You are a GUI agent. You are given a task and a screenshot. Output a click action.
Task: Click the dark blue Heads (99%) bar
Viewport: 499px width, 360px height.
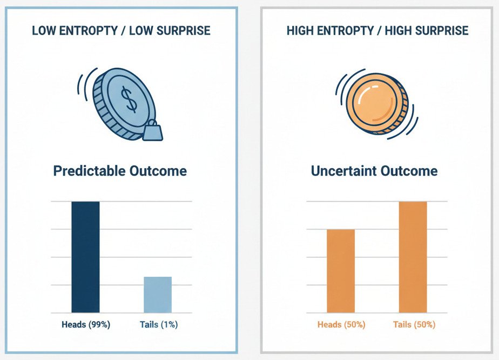point(85,257)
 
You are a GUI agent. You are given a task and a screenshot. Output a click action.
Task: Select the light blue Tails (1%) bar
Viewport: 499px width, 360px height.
point(158,295)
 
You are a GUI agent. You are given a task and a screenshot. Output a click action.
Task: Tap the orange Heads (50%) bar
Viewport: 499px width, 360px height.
point(341,271)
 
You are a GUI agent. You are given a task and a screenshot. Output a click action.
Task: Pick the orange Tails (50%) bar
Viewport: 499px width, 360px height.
point(413,257)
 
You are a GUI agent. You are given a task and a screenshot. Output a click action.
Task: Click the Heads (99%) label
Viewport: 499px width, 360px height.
point(85,325)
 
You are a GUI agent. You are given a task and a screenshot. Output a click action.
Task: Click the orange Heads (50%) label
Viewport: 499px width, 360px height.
point(341,325)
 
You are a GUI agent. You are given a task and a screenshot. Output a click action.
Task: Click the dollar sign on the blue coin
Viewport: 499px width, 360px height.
point(129,99)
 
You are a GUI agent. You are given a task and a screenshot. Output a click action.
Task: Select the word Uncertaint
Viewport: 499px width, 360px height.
point(344,171)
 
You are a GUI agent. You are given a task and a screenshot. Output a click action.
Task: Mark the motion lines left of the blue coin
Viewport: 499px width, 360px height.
point(84,86)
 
